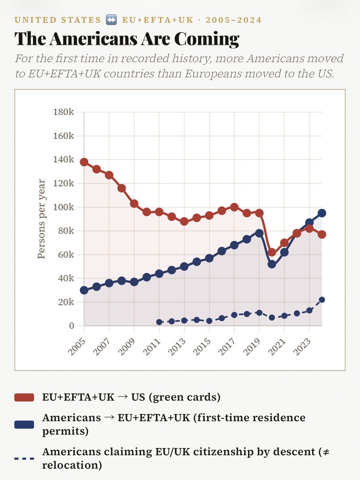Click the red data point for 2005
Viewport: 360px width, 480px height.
point(84,162)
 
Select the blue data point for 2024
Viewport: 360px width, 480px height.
point(322,213)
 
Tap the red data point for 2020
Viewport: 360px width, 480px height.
point(272,252)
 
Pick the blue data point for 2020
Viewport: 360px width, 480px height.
point(272,264)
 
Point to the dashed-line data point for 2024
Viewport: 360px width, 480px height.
point(322,300)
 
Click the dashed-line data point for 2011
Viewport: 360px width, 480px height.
point(159,322)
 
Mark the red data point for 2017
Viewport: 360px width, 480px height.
point(234,207)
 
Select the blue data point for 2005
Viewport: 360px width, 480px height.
point(84,290)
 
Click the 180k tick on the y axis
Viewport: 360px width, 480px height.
point(64,112)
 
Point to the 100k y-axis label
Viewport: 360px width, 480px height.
point(64,207)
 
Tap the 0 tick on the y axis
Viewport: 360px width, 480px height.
point(71,326)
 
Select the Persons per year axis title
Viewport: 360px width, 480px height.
point(41,219)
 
